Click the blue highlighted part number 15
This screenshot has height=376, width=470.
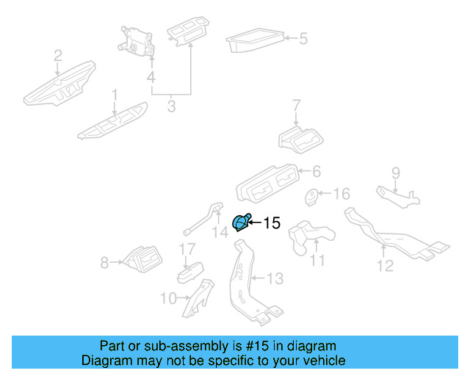240,223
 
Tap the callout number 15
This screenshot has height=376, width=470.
271,223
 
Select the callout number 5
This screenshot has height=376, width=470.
303,38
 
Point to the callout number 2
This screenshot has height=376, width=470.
58,54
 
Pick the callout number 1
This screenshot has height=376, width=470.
114,95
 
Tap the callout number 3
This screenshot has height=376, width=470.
171,107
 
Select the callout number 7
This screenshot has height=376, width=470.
297,106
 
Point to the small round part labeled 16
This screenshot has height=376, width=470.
311,197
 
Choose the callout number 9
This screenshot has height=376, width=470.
395,173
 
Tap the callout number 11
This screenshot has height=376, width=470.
317,261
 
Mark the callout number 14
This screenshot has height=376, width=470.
220,234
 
